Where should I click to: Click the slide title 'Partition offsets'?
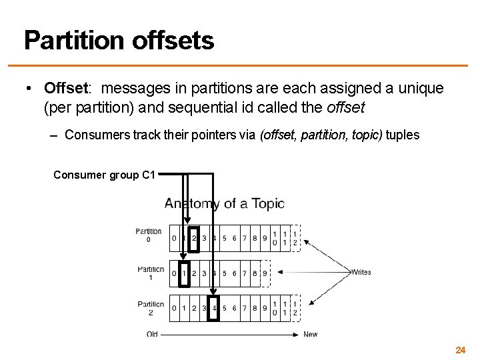119,41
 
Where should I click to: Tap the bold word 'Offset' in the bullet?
66,88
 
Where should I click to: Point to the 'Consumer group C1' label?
104,175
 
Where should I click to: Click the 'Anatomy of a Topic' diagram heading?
225,204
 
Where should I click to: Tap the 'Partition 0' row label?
149,235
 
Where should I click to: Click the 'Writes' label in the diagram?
361,272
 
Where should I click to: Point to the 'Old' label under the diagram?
152,334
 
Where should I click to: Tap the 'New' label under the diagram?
310,334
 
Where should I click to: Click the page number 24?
460,350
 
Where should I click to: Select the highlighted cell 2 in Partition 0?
194,238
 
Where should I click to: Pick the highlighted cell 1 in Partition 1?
185,273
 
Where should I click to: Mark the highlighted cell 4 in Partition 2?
214,309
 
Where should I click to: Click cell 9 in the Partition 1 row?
265,273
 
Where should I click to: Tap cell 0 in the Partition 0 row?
174,238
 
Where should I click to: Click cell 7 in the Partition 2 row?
245,309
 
